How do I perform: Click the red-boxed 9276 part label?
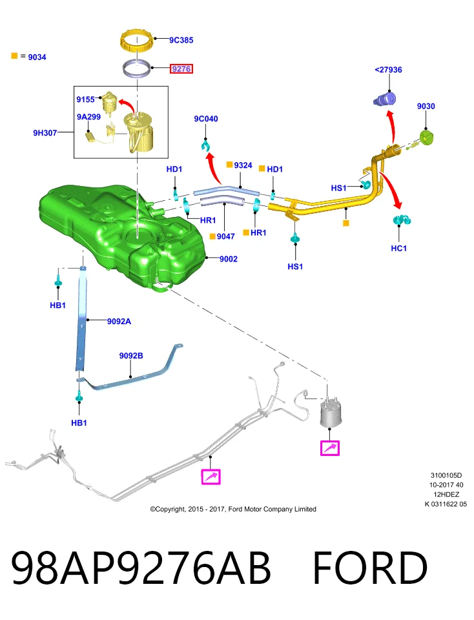(x=181, y=69)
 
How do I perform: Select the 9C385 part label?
(x=181, y=40)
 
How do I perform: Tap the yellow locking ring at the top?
(x=136, y=41)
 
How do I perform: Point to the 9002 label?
(x=229, y=259)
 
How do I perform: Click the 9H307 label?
(x=45, y=133)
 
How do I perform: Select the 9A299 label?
(x=88, y=117)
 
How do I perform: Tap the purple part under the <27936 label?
(x=385, y=98)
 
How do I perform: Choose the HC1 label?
(x=399, y=248)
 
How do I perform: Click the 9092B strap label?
(x=131, y=356)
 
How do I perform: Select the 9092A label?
(x=119, y=322)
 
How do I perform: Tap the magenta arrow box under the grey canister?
(x=330, y=448)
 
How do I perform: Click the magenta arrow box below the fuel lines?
(x=211, y=477)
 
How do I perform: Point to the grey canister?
(x=330, y=413)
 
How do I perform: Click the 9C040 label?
(x=206, y=119)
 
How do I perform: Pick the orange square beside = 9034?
(x=15, y=56)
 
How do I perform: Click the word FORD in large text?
(x=370, y=568)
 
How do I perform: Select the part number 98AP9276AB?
(x=141, y=568)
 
